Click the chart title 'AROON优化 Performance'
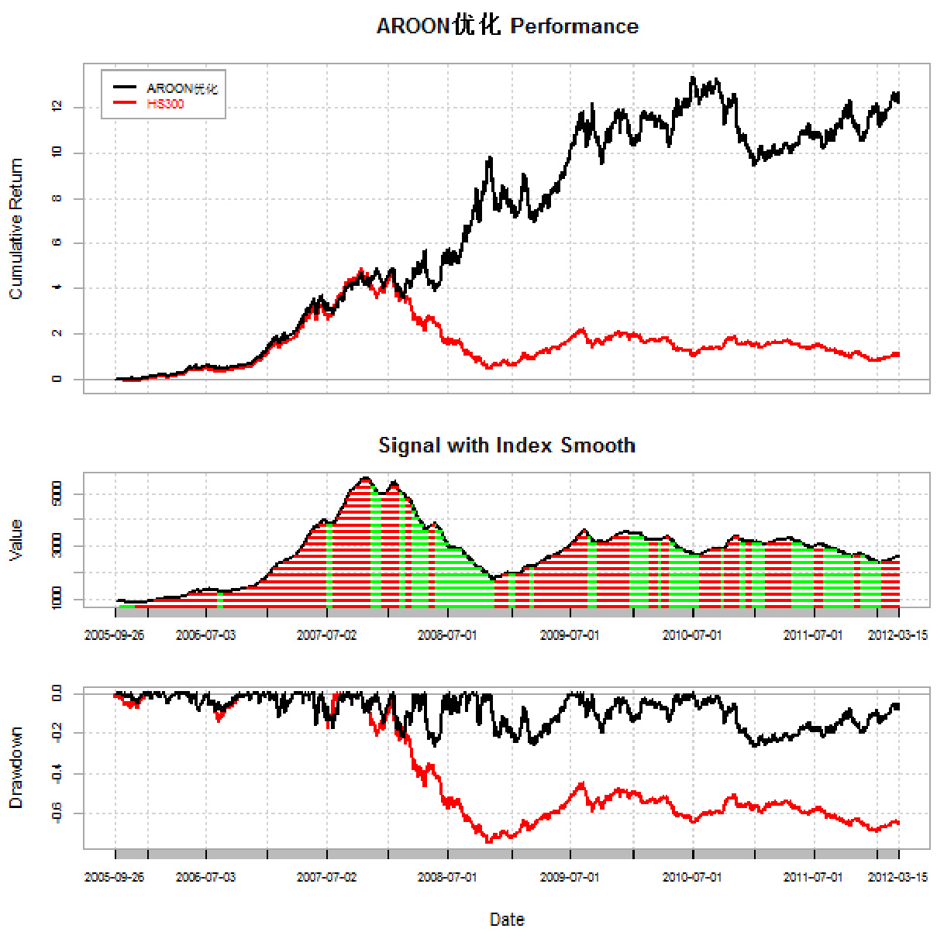point(507,26)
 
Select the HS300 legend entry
point(165,104)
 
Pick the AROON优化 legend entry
point(181,88)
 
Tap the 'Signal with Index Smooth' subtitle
point(507,445)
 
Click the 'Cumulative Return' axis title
point(16,229)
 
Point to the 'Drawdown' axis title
point(16,768)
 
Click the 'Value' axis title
point(16,540)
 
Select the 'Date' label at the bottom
point(507,920)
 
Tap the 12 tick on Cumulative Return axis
point(57,107)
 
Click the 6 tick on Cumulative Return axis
point(57,243)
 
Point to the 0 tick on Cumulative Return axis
point(57,379)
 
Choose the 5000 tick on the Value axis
point(57,494)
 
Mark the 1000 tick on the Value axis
point(57,599)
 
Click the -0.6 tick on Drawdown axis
point(57,813)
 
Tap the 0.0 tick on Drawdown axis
point(57,693)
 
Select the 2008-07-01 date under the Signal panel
point(447,635)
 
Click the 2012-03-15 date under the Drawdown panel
point(897,877)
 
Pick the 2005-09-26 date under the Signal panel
point(114,635)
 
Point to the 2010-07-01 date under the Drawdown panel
point(692,877)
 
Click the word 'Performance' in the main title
point(574,26)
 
